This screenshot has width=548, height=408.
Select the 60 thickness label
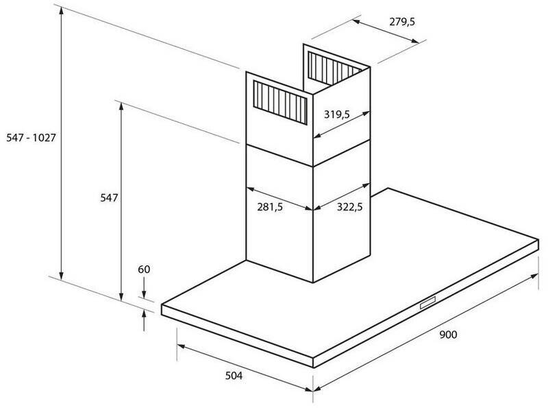(x=143, y=269)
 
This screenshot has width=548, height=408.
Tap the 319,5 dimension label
(x=337, y=115)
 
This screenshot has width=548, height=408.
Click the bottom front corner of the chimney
(x=314, y=282)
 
